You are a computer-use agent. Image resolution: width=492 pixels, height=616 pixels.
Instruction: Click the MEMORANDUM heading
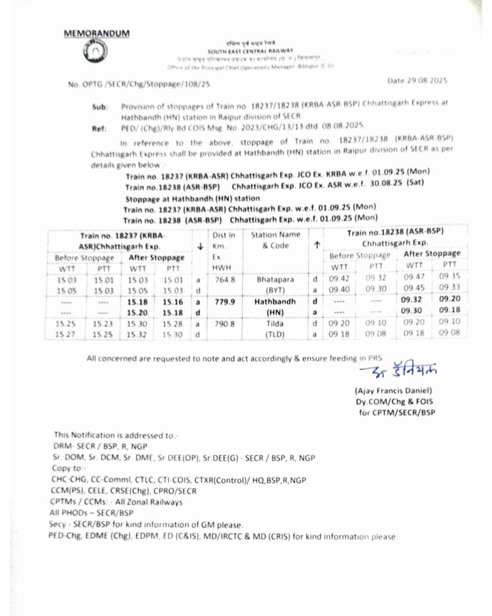[97, 34]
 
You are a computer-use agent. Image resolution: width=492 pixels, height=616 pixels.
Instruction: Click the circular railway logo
[96, 52]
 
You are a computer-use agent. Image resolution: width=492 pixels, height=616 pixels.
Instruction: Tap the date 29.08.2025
[417, 81]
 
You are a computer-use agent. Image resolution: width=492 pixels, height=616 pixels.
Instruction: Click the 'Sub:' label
[100, 107]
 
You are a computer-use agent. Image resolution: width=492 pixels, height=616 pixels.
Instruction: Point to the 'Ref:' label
[99, 128]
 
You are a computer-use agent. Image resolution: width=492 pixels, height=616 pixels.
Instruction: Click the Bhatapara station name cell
[275, 280]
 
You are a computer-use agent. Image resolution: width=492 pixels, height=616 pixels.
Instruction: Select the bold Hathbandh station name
[275, 301]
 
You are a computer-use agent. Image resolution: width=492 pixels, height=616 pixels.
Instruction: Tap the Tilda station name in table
[275, 324]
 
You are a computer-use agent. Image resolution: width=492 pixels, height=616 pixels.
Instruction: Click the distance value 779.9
[225, 301]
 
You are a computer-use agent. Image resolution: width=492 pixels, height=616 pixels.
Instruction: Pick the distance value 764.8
[225, 280]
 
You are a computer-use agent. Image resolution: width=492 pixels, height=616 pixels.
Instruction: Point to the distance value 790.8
[225, 324]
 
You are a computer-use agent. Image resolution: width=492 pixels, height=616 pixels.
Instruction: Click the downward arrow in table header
[200, 246]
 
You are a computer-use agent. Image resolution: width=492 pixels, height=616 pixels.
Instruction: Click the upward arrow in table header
[317, 245]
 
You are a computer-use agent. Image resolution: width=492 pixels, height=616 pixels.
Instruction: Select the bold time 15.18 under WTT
[137, 302]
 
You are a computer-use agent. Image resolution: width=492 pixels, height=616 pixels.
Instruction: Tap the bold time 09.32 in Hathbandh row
[411, 300]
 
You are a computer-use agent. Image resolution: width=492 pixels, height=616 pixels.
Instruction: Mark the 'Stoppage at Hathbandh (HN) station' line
[193, 199]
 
